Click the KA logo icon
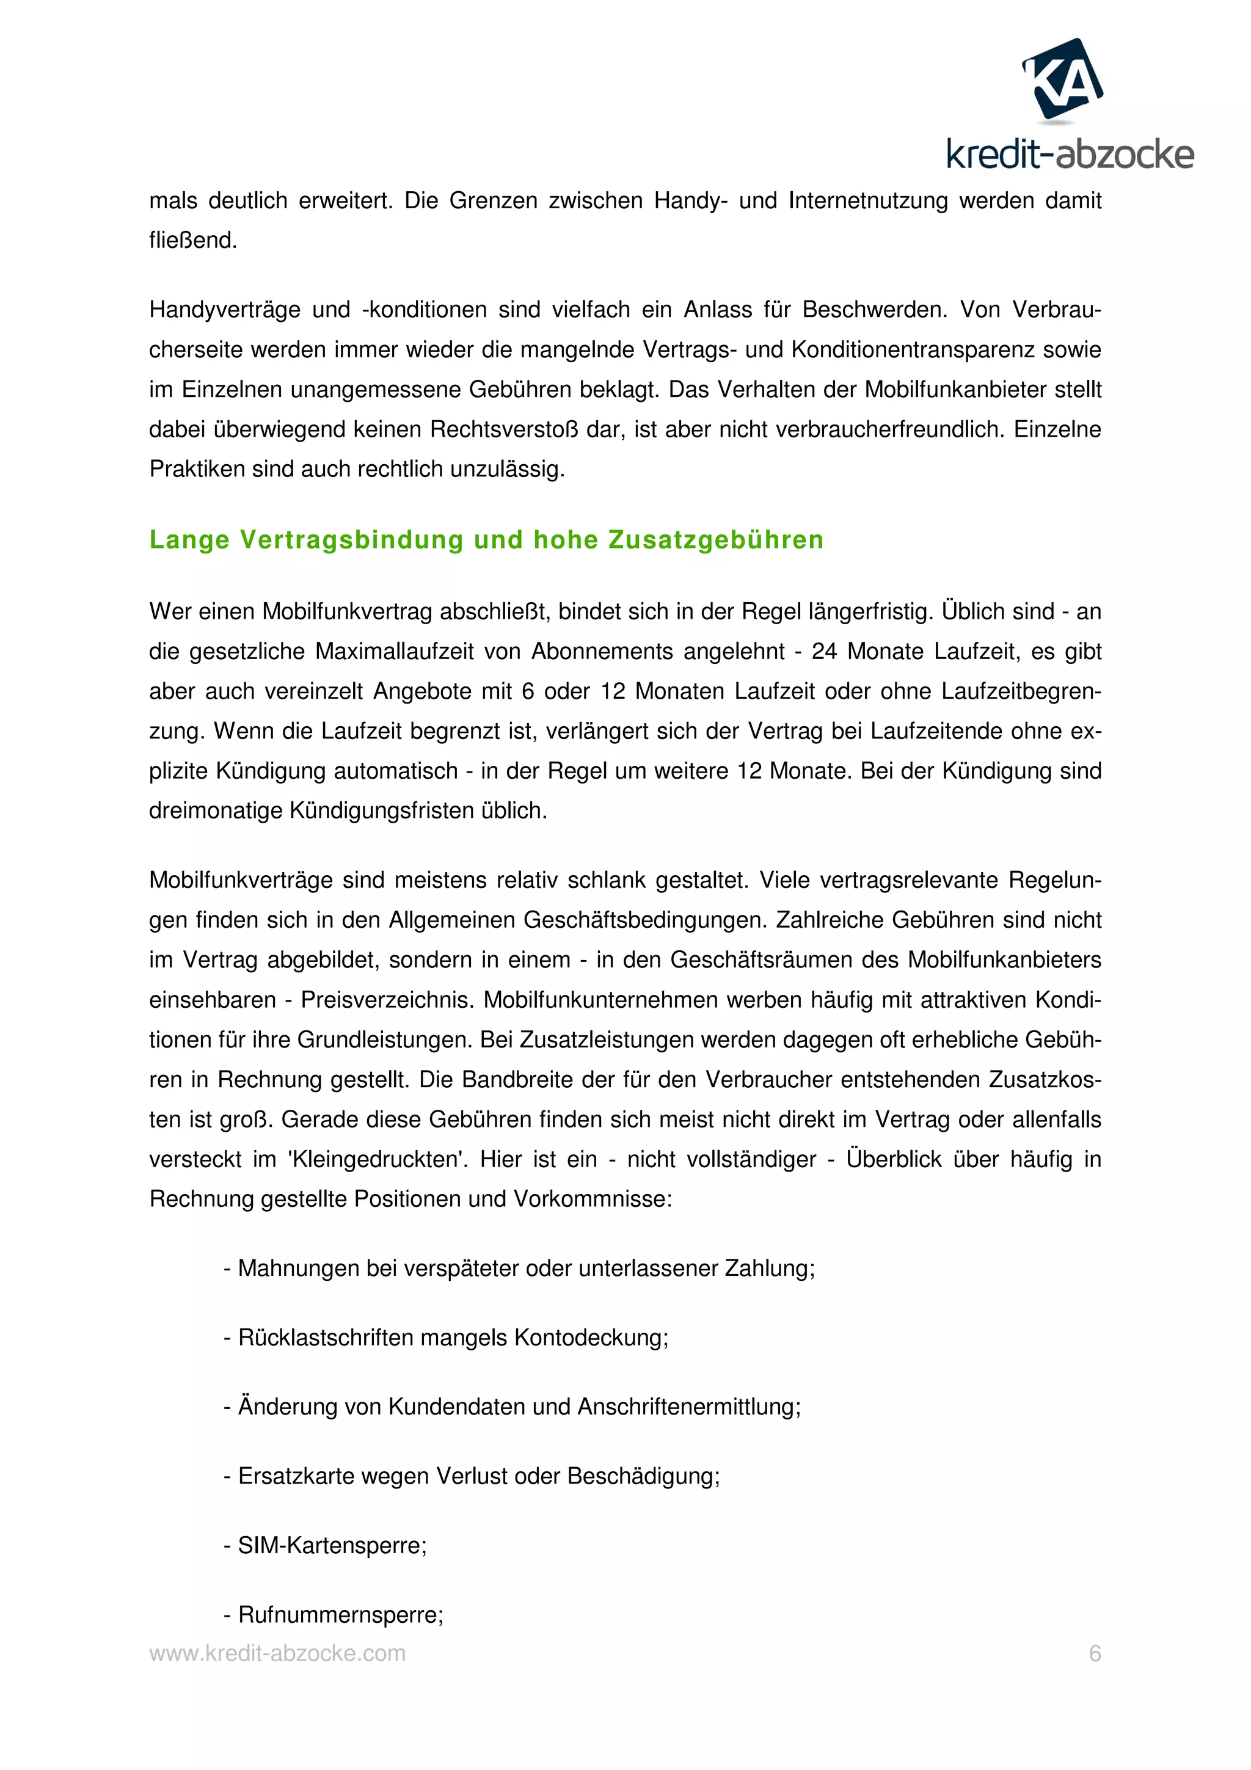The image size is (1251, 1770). click(x=1062, y=79)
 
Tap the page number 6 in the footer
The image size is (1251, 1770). click(x=1095, y=1653)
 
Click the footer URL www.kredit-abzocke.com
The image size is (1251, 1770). click(x=277, y=1653)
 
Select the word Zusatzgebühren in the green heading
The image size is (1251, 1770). click(x=716, y=540)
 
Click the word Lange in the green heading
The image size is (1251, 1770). click(x=189, y=540)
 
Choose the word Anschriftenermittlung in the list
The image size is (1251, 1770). click(x=689, y=1407)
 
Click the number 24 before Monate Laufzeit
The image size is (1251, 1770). click(x=824, y=652)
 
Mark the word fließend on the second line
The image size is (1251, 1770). click(x=192, y=241)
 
